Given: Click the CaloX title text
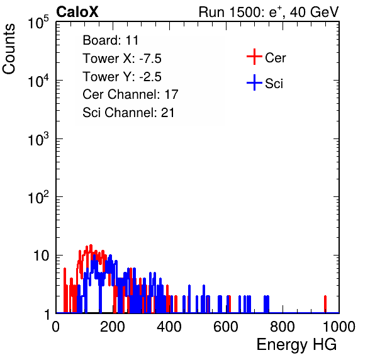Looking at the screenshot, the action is click(x=77, y=12).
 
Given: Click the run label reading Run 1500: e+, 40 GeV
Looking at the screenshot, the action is click(x=269, y=12).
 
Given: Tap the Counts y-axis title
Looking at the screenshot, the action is click(x=9, y=49).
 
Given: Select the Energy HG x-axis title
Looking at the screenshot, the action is click(x=296, y=345).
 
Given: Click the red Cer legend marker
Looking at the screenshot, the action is click(x=254, y=57).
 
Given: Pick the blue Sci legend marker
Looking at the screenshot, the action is click(x=254, y=82).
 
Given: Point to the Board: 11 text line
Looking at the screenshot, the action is click(x=111, y=40).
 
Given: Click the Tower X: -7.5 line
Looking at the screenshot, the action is click(x=122, y=59).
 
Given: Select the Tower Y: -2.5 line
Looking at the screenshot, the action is click(x=122, y=77).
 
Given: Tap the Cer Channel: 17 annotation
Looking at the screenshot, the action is click(x=131, y=94).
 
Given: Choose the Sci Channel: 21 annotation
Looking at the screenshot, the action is click(x=128, y=113).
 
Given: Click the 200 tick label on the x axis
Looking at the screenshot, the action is click(x=113, y=327).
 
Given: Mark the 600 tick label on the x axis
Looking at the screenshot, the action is click(x=226, y=327).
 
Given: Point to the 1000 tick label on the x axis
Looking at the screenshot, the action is click(x=339, y=327).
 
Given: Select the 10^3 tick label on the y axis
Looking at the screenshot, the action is click(x=38, y=139).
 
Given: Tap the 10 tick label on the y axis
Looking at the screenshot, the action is click(x=41, y=256).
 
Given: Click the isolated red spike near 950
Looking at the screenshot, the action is click(x=325, y=304).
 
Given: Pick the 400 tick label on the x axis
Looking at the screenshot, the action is click(x=169, y=327).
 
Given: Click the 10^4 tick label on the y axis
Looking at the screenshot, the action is click(x=38, y=81).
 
